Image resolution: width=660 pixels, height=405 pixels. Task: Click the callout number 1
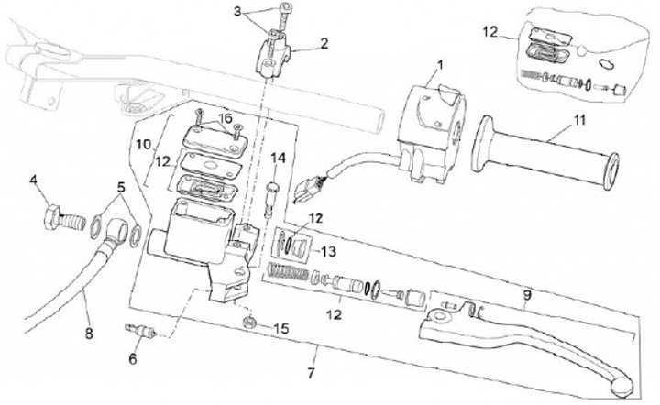click(439, 65)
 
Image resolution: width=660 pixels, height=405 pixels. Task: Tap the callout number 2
click(323, 43)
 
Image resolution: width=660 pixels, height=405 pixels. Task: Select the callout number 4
click(34, 181)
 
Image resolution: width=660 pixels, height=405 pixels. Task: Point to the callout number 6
click(132, 358)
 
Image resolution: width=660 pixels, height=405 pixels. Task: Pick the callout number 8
click(89, 334)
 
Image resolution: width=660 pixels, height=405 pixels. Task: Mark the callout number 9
click(526, 295)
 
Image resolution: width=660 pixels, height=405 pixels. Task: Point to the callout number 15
click(282, 327)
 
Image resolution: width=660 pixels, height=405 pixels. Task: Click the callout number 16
click(223, 118)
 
